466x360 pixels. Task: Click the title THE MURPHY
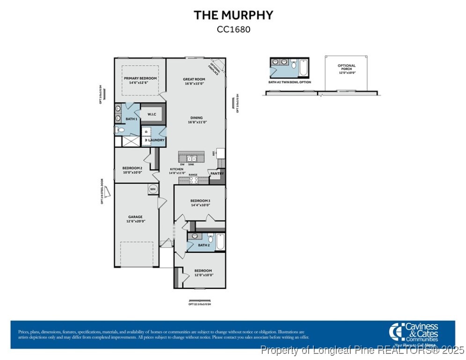pyautogui.click(x=233, y=15)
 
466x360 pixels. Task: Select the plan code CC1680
pyautogui.click(x=233, y=30)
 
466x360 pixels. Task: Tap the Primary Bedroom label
pyautogui.click(x=140, y=78)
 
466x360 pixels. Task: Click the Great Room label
pyautogui.click(x=194, y=79)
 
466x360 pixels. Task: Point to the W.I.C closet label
pyautogui.click(x=152, y=114)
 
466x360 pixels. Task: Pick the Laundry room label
pyautogui.click(x=156, y=140)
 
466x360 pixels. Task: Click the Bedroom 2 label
pyautogui.click(x=132, y=168)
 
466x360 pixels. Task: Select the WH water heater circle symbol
pyautogui.click(x=153, y=189)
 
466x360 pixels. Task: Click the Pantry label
pyautogui.click(x=217, y=174)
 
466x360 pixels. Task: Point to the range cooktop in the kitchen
pyautogui.click(x=194, y=180)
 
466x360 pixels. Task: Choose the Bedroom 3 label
pyautogui.click(x=200, y=201)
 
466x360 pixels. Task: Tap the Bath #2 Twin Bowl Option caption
pyautogui.click(x=289, y=82)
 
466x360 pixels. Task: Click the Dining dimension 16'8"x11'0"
pyautogui.click(x=196, y=122)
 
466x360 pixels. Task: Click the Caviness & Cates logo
pyautogui.click(x=414, y=333)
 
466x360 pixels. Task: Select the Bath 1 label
pyautogui.click(x=131, y=119)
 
